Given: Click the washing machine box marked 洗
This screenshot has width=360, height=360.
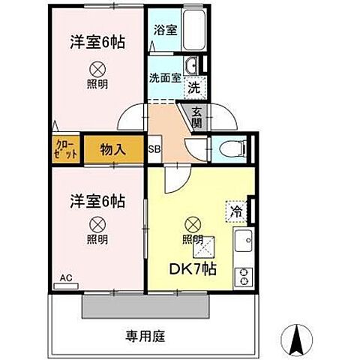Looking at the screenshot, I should point(193,86).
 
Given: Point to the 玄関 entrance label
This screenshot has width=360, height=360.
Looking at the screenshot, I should point(196,118).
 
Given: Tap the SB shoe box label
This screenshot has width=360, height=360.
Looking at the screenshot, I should point(154,148).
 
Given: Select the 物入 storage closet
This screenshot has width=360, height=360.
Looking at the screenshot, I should point(114,148).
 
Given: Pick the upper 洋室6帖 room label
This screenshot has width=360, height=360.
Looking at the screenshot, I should point(97,43).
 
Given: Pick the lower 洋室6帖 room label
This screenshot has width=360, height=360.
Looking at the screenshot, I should point(97,202).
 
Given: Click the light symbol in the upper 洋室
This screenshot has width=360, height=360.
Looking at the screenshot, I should point(97,67).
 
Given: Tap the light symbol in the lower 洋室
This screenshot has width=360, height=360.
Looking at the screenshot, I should point(97,223).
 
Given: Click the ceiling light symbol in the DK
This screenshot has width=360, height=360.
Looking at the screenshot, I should point(193,223).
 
